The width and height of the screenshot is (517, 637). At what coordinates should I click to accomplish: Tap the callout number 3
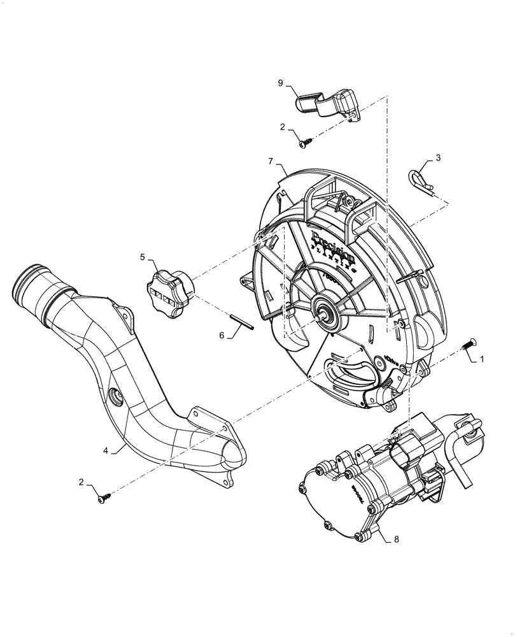437,157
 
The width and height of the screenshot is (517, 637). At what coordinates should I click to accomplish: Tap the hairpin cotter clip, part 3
420,180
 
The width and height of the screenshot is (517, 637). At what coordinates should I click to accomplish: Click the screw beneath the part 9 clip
304,143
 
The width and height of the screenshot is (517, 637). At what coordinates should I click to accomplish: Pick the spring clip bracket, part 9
328,106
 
